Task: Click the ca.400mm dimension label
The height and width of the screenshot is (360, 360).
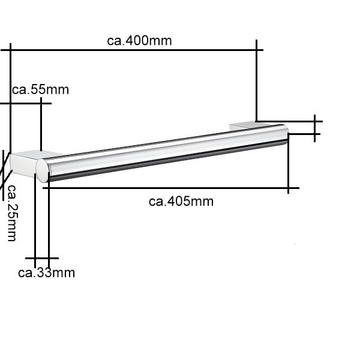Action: click(139, 41)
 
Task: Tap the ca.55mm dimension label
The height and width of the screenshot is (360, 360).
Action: click(40, 89)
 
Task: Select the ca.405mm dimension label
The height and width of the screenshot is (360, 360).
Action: click(181, 202)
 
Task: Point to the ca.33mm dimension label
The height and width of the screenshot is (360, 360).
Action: click(46, 273)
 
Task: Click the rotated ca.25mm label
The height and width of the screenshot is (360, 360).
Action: click(12, 213)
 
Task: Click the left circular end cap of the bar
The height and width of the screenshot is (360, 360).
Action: click(43, 170)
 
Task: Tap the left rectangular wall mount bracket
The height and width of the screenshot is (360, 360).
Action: click(24, 163)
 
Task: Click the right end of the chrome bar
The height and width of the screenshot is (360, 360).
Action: click(287, 133)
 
